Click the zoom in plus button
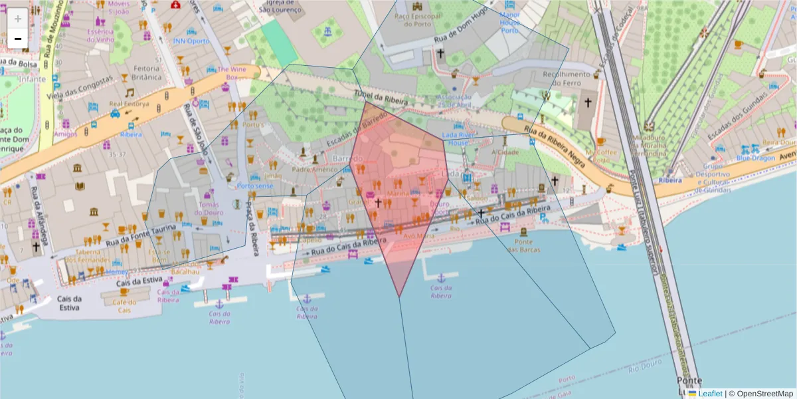(17, 19)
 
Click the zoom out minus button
(17, 39)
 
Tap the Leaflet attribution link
(710, 394)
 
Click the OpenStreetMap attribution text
(765, 394)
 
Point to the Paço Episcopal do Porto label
(417, 19)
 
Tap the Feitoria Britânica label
(147, 72)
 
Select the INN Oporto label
(191, 41)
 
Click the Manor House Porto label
(509, 22)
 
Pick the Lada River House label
(459, 138)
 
